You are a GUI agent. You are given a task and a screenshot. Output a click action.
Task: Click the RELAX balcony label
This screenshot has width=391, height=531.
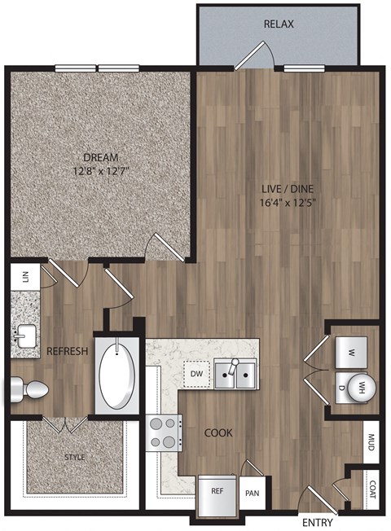tap(279, 24)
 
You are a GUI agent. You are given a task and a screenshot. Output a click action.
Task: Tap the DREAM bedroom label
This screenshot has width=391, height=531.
tap(103, 157)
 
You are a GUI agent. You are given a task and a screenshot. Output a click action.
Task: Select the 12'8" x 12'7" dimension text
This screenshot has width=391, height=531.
tap(103, 172)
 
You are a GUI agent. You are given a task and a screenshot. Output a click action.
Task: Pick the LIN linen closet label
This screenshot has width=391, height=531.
tap(24, 277)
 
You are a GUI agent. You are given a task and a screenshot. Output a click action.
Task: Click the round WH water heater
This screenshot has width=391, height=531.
tap(359, 386)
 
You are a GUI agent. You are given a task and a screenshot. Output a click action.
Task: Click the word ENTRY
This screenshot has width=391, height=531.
tap(317, 520)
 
